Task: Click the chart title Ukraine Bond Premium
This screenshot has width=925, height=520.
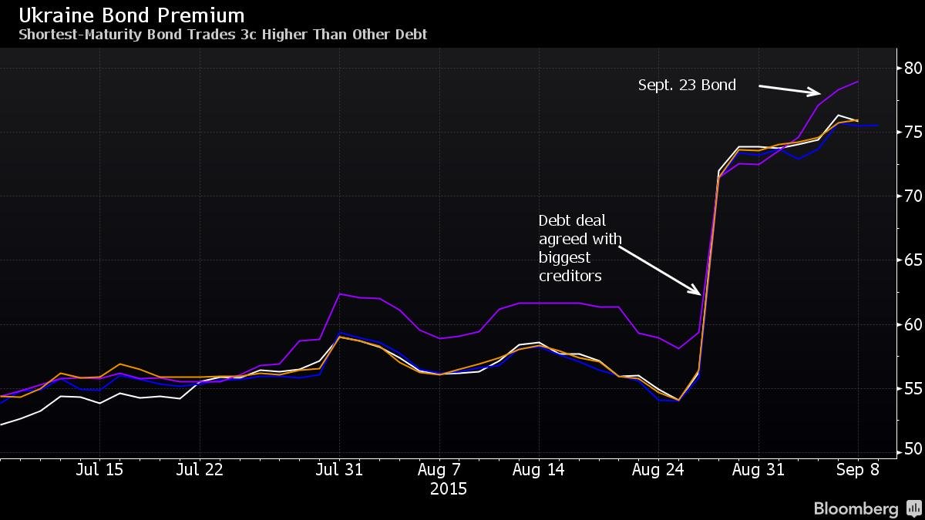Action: click(132, 15)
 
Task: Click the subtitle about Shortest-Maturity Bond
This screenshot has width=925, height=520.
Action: click(223, 35)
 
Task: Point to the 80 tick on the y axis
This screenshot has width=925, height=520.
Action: click(914, 68)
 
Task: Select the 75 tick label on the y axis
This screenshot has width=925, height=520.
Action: click(914, 132)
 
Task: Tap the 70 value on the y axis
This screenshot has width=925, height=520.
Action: click(914, 196)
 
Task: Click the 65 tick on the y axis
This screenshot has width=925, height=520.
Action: click(914, 260)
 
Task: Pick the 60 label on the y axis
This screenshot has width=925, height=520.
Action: click(914, 324)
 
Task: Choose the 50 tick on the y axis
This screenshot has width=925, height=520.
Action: click(914, 448)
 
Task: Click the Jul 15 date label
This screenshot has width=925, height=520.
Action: click(99, 469)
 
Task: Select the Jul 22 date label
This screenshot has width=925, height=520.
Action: click(200, 469)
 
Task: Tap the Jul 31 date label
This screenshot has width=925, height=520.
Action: click(340, 469)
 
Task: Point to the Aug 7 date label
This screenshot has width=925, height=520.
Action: click(439, 469)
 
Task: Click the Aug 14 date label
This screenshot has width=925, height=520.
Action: click(539, 469)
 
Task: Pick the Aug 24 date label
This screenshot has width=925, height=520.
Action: click(658, 469)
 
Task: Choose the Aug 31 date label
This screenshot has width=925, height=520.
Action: click(758, 469)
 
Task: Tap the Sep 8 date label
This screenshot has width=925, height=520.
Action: click(857, 469)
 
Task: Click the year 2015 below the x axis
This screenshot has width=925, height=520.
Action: click(448, 489)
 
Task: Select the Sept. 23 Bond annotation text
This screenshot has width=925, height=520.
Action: click(687, 86)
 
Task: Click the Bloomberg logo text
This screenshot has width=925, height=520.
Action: click(856, 508)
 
